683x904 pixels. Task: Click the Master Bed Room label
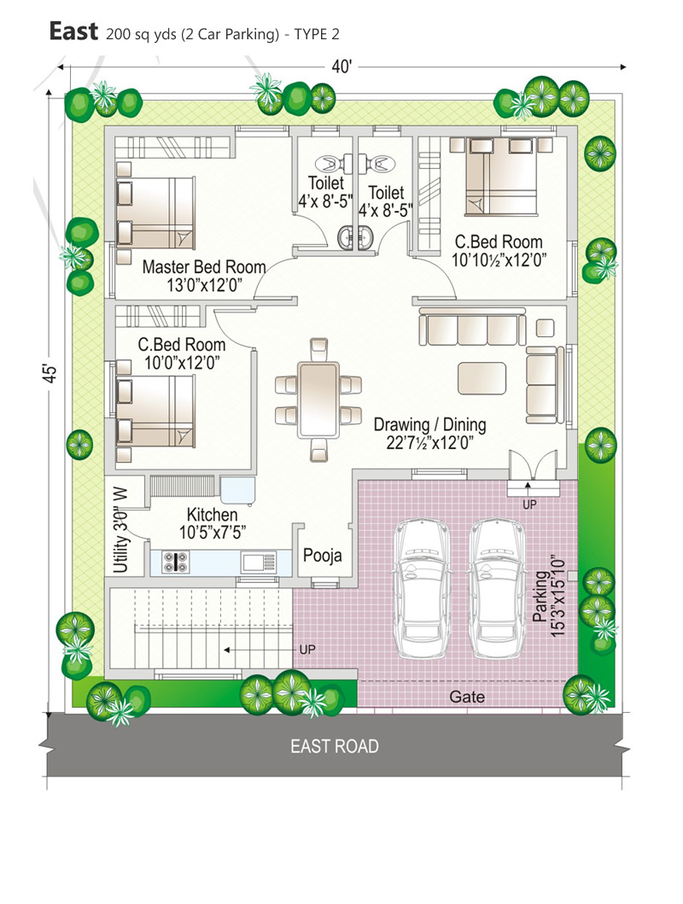204,267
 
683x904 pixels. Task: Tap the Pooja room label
322,555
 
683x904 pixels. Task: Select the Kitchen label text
212,514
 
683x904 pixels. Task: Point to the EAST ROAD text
335,746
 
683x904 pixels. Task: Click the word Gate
467,697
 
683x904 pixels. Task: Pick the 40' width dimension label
341,67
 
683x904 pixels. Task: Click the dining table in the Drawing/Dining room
318,400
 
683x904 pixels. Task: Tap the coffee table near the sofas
482,378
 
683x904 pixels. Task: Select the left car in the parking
422,588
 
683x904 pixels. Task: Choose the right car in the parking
497,588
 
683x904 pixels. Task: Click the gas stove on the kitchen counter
175,562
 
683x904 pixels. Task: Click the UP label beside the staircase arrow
307,650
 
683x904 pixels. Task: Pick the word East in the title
73,31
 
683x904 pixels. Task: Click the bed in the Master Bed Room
155,213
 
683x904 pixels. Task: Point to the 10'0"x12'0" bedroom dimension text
182,363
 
